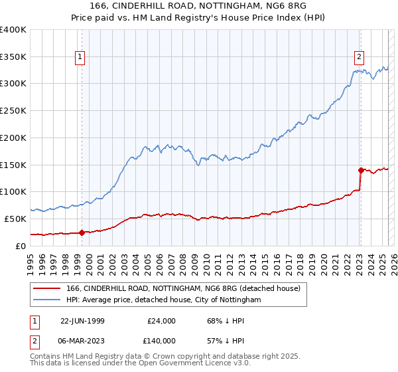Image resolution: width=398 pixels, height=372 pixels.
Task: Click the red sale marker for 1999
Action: point(82,232)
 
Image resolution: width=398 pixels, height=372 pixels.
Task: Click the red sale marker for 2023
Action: point(360,170)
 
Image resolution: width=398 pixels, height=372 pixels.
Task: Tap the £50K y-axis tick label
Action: point(16,219)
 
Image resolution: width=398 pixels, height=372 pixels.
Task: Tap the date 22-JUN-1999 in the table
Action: point(82,320)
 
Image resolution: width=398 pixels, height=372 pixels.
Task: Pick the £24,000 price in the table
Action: point(162,320)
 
